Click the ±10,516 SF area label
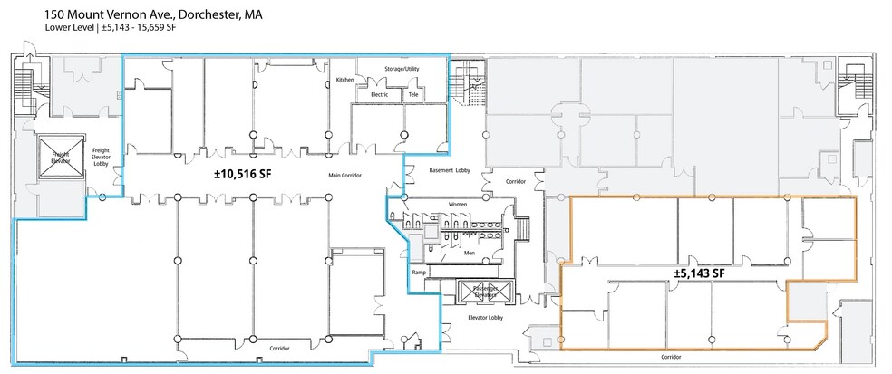coord(242,175)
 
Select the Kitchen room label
coord(344,80)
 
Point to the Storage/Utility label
coord(402,69)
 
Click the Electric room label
coord(380,94)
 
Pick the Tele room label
coord(413,94)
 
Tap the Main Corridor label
coord(344,175)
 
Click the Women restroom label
coord(458,204)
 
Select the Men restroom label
coord(470,253)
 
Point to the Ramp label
coord(419,273)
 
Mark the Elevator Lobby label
coord(485,318)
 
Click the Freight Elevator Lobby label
coord(101,157)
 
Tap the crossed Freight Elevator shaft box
coord(61,158)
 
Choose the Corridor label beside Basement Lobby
coord(516,182)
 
